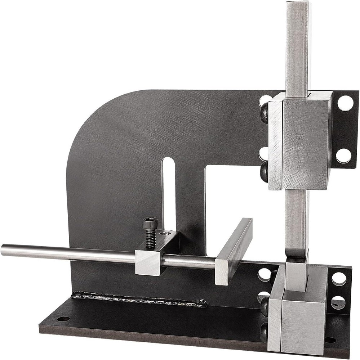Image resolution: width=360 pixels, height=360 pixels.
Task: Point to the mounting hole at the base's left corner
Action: (x=63, y=319)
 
